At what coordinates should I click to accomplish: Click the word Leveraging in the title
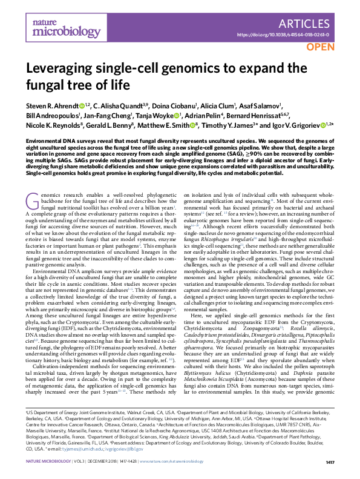(x=62, y=69)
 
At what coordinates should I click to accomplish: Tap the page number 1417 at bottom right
(x=330, y=463)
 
